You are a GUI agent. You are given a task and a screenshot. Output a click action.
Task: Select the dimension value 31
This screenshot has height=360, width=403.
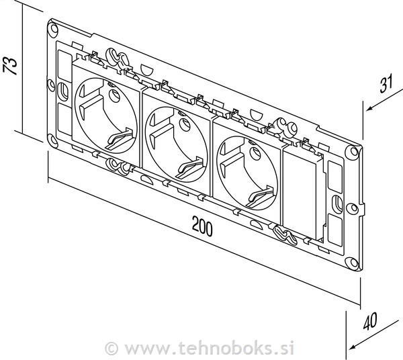(385, 84)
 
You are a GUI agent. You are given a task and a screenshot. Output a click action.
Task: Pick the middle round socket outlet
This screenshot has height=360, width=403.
(177, 138)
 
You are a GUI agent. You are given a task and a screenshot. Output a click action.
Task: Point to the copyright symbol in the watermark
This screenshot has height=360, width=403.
(112, 348)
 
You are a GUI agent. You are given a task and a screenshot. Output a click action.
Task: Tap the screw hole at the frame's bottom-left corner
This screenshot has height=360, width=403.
(52, 140)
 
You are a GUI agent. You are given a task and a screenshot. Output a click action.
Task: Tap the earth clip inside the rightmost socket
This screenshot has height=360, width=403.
(257, 196)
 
